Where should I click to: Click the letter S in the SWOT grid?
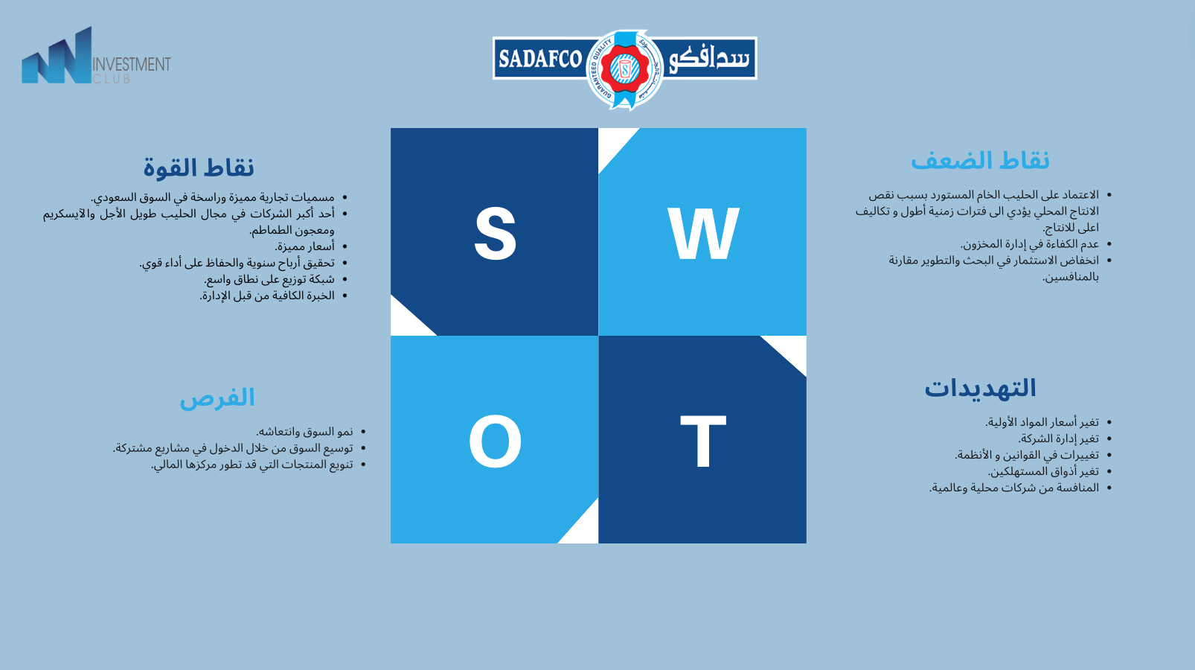click(495, 233)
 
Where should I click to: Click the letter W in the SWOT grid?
click(703, 233)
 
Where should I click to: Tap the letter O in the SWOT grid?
click(495, 441)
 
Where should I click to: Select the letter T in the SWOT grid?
click(703, 441)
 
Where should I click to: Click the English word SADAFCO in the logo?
click(540, 59)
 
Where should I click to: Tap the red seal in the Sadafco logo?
click(624, 69)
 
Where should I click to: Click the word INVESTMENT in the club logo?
click(132, 65)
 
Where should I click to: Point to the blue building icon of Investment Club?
click(57, 56)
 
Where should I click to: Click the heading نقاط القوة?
click(199, 167)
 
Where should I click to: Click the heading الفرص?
click(217, 398)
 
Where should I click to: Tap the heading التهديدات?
click(980, 388)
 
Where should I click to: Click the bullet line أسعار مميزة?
click(305, 246)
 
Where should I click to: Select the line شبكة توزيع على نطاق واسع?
click(269, 279)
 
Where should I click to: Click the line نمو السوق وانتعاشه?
click(304, 431)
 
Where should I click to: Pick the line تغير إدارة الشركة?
click(1058, 438)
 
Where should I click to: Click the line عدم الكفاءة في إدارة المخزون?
click(1030, 244)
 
